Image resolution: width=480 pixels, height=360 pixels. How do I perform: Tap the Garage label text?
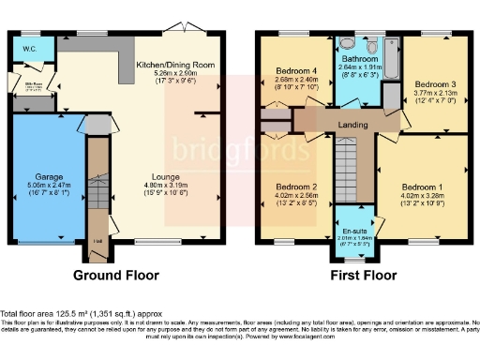click(49, 176)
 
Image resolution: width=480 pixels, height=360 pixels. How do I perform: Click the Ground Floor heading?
click(116, 275)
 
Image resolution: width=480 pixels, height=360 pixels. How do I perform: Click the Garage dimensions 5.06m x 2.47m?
click(49, 186)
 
